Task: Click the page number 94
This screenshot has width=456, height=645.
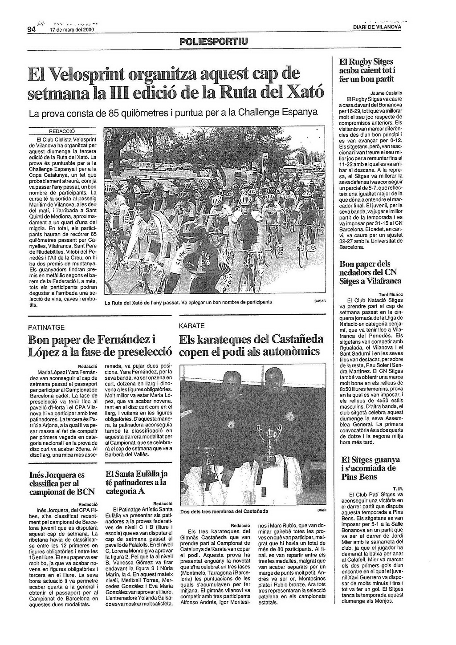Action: [31, 30]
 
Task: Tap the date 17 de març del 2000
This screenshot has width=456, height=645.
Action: [72, 30]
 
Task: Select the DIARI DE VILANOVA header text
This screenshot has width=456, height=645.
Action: [377, 27]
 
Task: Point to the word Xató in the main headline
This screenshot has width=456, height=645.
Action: [304, 92]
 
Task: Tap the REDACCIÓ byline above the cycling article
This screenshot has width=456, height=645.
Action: [62, 131]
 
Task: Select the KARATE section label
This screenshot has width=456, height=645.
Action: [192, 326]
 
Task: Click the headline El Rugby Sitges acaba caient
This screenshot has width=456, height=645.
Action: [367, 70]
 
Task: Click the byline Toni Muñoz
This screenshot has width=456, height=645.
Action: [391, 294]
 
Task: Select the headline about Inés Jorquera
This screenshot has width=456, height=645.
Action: [57, 483]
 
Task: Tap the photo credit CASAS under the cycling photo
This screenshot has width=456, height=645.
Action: [320, 301]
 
